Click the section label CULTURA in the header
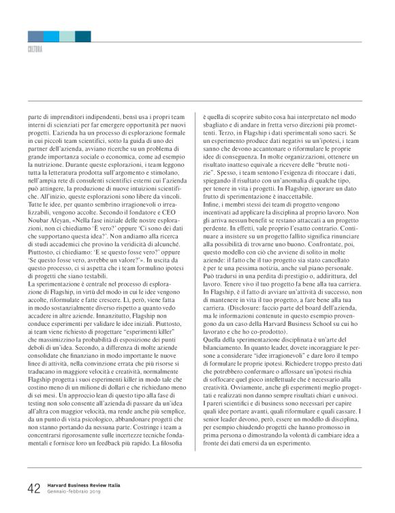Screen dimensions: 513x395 (35, 50)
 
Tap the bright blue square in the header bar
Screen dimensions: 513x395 (52, 36)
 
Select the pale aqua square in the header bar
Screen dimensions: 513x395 (68, 36)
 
